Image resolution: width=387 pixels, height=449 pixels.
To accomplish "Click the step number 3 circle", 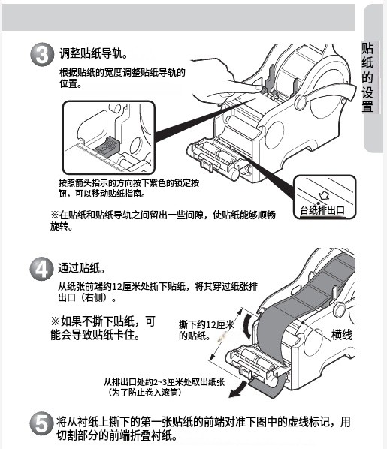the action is (42, 54).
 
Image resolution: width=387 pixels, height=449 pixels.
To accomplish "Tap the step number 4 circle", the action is (42, 269).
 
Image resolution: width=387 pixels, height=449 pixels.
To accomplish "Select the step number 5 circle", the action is (42, 423).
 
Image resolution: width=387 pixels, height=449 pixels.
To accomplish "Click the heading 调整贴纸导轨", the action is (93, 53).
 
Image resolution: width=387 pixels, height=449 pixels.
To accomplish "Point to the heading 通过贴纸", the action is (82, 268).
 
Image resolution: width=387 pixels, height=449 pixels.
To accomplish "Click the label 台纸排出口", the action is (322, 210).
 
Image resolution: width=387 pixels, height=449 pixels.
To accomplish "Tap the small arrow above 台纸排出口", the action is (324, 196).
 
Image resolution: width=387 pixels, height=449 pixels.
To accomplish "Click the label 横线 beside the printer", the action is (342, 335).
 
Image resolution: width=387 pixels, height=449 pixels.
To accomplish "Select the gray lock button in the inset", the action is (107, 146).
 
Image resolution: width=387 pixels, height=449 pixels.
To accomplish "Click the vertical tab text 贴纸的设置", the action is (367, 77).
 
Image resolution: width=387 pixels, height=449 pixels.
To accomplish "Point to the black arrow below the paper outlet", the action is (238, 390).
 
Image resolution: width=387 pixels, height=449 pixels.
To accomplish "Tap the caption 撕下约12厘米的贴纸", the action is (207, 330).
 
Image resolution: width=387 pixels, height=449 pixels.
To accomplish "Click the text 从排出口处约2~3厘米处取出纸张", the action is (164, 382).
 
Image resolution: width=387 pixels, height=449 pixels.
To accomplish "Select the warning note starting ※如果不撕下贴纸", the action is (103, 328).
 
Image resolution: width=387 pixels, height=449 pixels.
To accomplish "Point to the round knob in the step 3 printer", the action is (301, 101).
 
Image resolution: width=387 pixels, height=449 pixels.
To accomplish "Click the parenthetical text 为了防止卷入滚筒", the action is (145, 392).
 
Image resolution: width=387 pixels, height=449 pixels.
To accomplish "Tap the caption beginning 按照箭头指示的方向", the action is (128, 188).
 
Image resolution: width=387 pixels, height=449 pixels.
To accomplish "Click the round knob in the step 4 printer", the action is (340, 310).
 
